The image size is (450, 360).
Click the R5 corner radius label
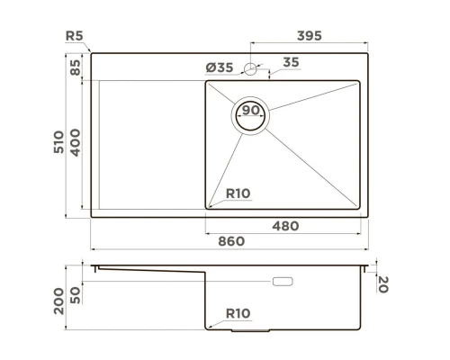(x=76, y=36)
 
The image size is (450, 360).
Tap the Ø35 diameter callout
(x=220, y=67)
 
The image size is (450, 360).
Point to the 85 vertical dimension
(x=76, y=67)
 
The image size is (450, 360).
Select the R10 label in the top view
(x=238, y=193)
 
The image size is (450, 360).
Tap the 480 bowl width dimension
(x=284, y=225)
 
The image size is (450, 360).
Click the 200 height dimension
(x=59, y=301)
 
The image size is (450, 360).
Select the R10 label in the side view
(x=238, y=313)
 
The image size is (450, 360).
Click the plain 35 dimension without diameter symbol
(x=291, y=62)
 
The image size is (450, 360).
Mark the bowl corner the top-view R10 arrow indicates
(x=209, y=206)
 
